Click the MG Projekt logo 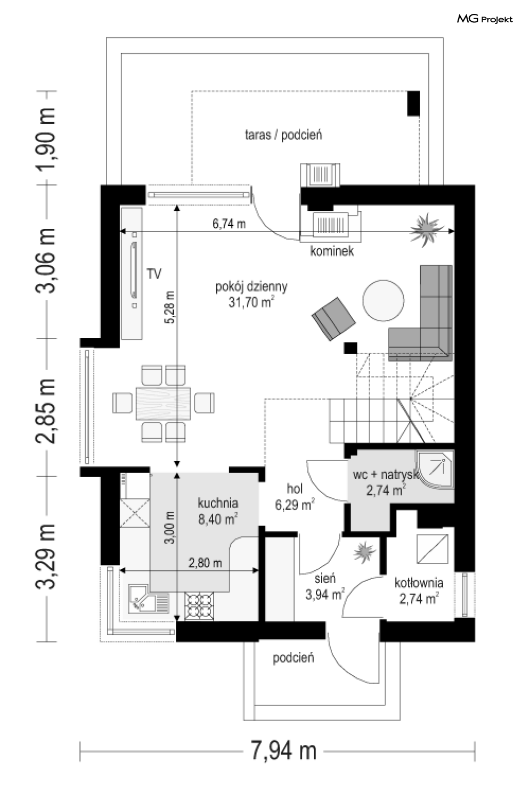coord(485,19)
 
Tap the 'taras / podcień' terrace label coord(283,135)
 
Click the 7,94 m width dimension coord(283,751)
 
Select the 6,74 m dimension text coord(229,224)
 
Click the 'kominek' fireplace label coord(332,251)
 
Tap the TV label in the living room coord(154,274)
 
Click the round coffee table coord(383,300)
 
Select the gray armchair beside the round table coord(333,319)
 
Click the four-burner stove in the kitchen coord(199,607)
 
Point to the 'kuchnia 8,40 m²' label coord(218,511)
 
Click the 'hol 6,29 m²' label coord(295,497)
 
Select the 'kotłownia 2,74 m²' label coord(419,591)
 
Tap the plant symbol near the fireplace coord(426,230)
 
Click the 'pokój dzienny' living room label coord(251,286)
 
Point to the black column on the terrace coord(413,103)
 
